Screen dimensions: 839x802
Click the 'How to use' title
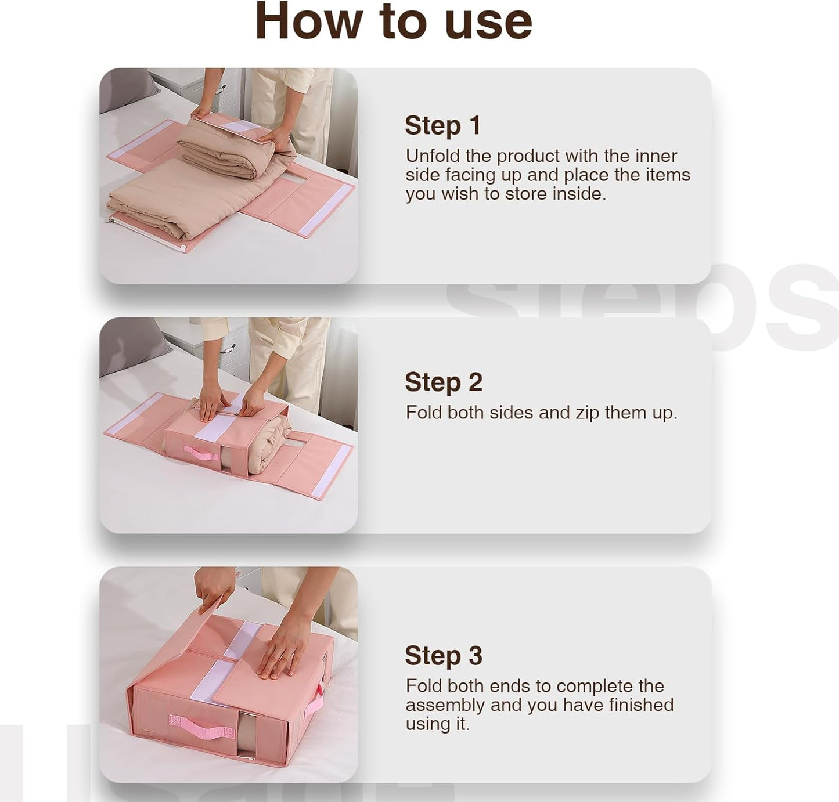394,21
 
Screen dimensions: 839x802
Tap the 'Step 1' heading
443,126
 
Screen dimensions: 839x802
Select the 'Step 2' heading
444,382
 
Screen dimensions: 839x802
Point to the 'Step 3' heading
444,655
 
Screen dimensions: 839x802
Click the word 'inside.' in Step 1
579,194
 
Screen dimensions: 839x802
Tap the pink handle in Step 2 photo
201,453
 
